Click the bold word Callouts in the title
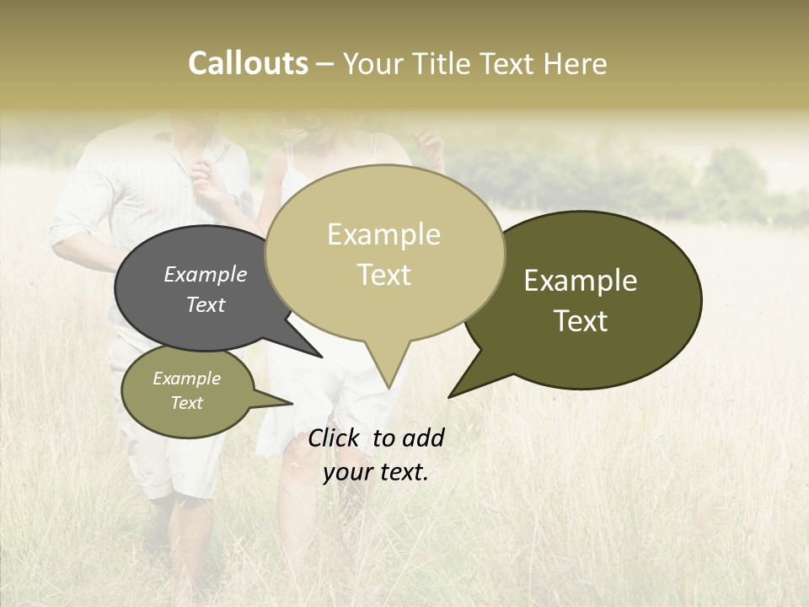(x=248, y=63)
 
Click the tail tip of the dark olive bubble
(x=449, y=396)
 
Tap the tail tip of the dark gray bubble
(x=322, y=357)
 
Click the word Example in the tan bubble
(x=383, y=234)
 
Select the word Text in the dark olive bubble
(x=581, y=320)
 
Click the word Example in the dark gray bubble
(x=205, y=274)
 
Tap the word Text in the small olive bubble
(x=186, y=403)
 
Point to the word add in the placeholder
(x=424, y=438)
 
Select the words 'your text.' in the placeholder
(x=376, y=472)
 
